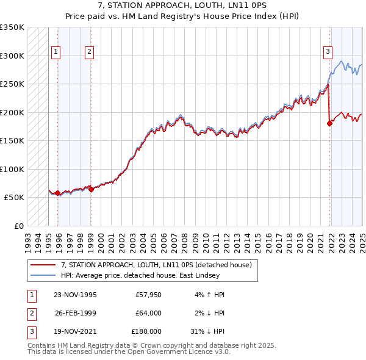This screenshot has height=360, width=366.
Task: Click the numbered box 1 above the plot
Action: (55, 52)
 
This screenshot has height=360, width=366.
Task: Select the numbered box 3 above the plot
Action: (328, 52)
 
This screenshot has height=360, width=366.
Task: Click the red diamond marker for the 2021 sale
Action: (330, 123)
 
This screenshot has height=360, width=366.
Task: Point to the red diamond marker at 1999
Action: (91, 189)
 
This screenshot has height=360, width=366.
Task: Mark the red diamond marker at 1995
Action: (58, 193)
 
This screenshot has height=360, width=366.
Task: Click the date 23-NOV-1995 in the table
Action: (75, 295)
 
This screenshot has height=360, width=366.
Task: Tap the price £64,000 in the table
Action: (148, 313)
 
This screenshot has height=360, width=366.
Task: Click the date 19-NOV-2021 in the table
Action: (75, 331)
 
